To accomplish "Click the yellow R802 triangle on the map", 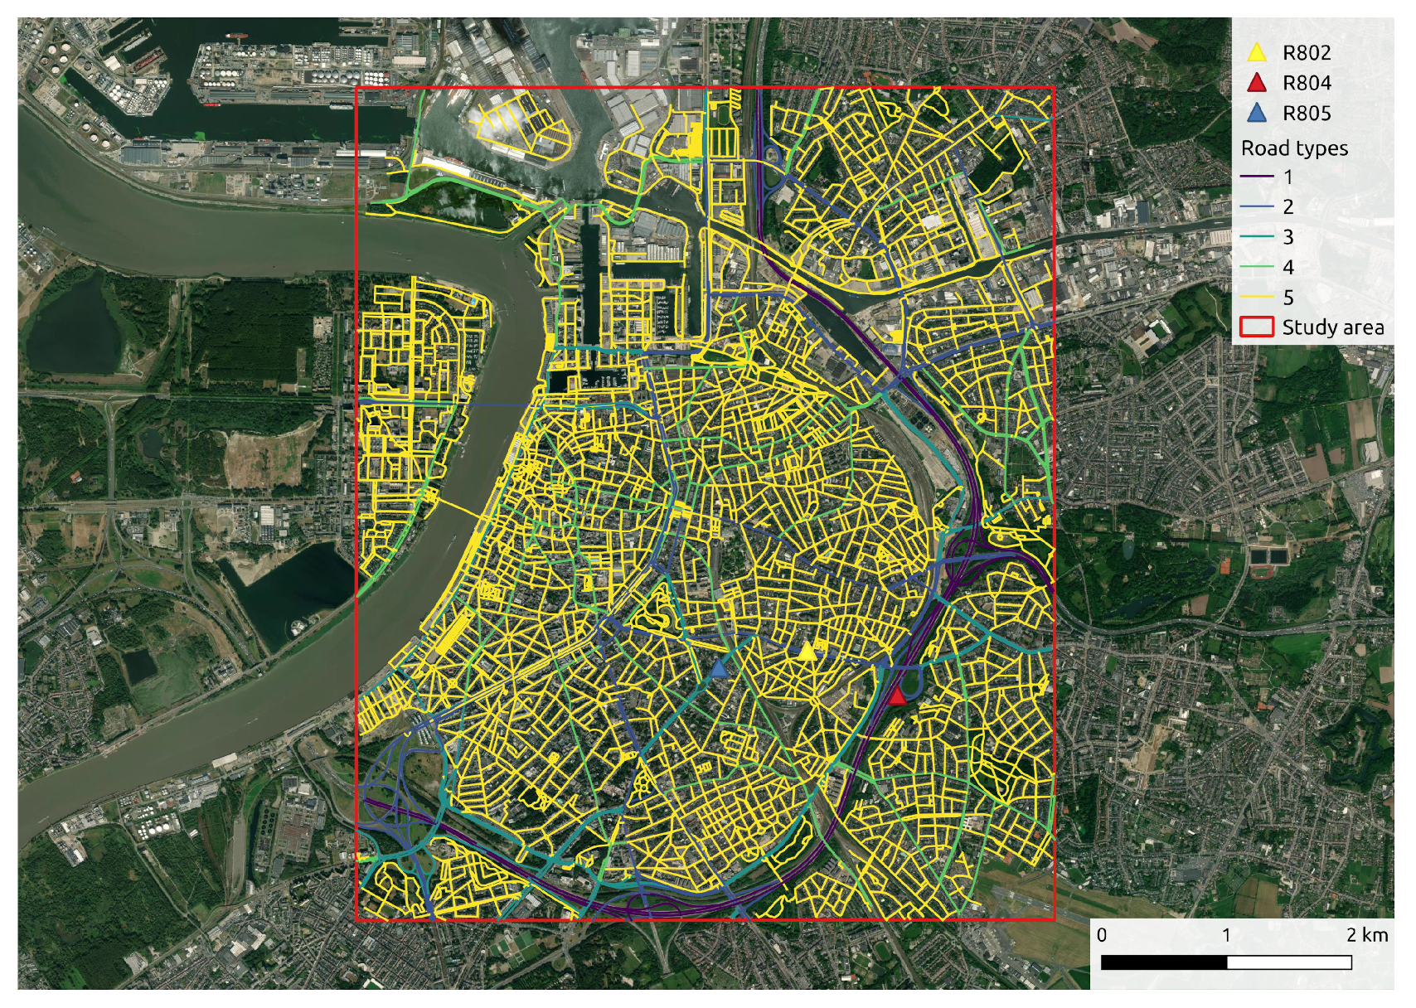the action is tap(807, 651).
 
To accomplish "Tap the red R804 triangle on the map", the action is tap(897, 695).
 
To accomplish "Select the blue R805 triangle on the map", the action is tap(720, 668).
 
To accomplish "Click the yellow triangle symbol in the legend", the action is tap(1257, 53).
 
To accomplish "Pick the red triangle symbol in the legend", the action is tap(1257, 83).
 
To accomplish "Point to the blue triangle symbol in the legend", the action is tap(1257, 113).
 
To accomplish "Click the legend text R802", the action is tap(1307, 53).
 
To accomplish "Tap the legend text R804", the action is tap(1307, 83).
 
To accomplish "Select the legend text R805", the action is tap(1307, 114).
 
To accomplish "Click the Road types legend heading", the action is tap(1294, 148).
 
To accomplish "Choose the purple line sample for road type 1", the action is tap(1257, 177).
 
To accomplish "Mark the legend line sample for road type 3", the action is tap(1257, 237).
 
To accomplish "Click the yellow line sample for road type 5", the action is tap(1257, 297).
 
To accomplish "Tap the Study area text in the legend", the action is tap(1333, 327).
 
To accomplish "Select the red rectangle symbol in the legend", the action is tap(1257, 327).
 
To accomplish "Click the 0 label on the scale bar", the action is tap(1102, 935).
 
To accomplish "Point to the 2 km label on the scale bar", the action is tap(1366, 935).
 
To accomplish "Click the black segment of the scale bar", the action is tap(1164, 962).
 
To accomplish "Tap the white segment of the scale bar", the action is tap(1289, 962).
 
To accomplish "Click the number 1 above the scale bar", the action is tap(1226, 935).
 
